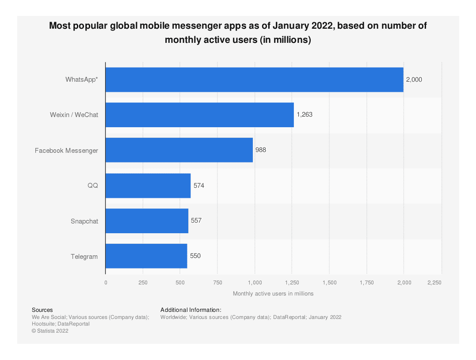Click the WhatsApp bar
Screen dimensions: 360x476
coord(254,80)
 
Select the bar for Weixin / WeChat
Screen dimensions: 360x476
coord(199,115)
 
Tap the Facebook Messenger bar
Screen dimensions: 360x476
coord(179,150)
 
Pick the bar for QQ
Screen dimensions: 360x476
coord(148,186)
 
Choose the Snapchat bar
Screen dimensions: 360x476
coord(147,221)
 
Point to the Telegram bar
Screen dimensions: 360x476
coord(146,256)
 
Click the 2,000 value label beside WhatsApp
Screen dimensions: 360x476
coord(414,80)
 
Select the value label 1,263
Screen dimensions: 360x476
coord(305,114)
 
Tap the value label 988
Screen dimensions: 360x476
coord(261,150)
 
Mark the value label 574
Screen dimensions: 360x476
coord(199,186)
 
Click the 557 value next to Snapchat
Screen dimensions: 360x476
coord(196,220)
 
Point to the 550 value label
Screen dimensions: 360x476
coord(195,256)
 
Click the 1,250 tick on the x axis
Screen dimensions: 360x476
coord(292,283)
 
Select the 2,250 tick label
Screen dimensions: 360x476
coord(434,283)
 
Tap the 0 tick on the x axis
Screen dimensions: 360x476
coord(106,283)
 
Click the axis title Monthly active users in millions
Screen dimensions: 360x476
coord(273,294)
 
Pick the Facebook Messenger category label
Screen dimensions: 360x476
coord(66,151)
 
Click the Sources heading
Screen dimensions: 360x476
coord(42,310)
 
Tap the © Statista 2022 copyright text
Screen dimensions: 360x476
coord(50,330)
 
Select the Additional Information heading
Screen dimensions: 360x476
coord(190,310)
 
